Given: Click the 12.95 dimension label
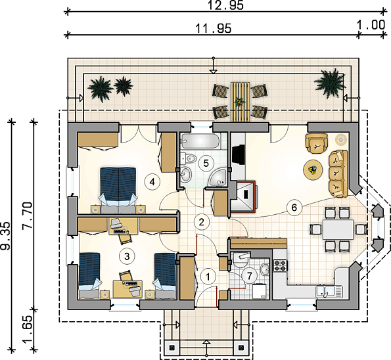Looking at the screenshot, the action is [x=225, y=5].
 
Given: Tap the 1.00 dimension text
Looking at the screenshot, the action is [x=371, y=25].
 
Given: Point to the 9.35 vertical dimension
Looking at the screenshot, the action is [x=5, y=236].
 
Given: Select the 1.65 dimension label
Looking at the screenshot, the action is [x=28, y=330].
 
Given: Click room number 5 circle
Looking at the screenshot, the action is [x=206, y=164].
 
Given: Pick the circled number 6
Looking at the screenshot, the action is [x=294, y=208].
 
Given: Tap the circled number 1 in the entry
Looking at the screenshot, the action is [x=208, y=277].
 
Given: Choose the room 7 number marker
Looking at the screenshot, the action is [x=249, y=275].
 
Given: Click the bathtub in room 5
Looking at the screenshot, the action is [x=200, y=141].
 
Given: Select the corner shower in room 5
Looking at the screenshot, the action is [x=218, y=177].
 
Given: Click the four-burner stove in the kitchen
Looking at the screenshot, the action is [x=281, y=265].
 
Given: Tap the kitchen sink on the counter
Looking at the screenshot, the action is [x=329, y=292].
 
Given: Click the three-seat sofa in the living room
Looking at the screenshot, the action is [x=338, y=173].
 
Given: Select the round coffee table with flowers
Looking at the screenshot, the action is [x=313, y=170].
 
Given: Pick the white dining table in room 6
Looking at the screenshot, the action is [x=338, y=230].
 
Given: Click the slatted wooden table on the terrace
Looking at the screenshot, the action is [x=241, y=102].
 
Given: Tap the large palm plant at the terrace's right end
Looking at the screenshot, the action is [x=330, y=82].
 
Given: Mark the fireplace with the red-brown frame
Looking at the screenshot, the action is [x=243, y=197].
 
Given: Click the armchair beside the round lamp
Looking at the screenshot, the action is [x=317, y=143].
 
